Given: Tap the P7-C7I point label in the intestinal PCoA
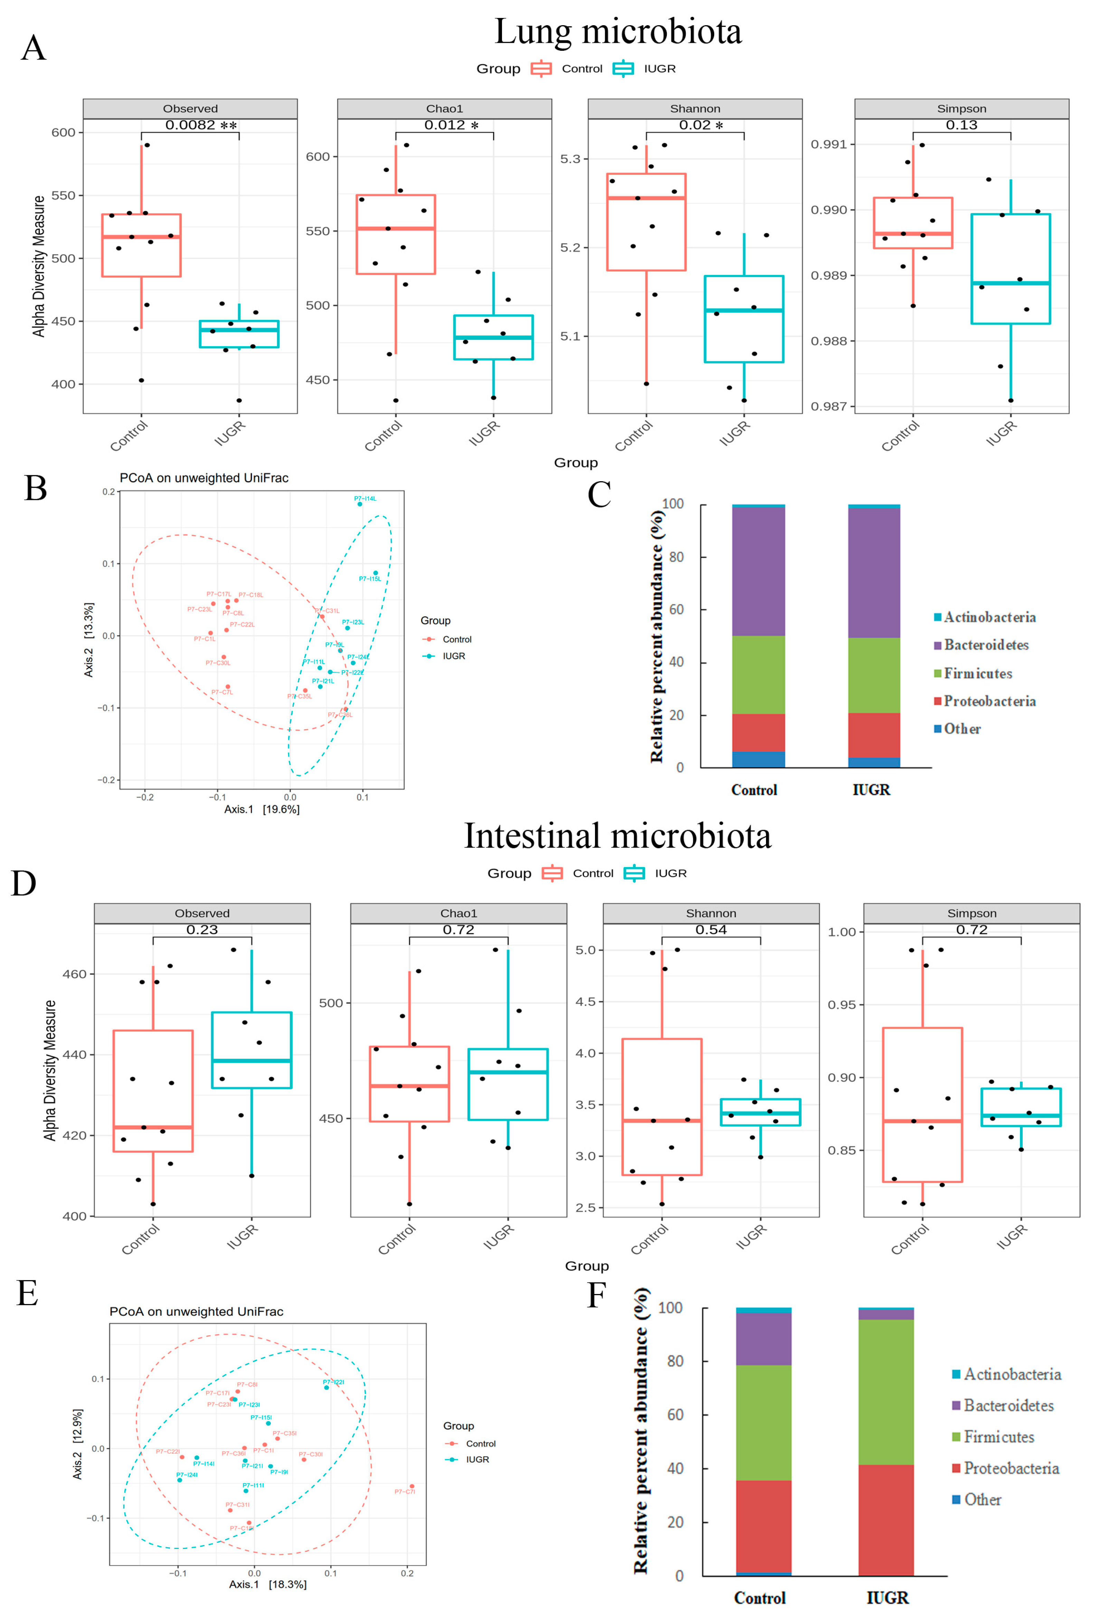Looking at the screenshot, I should pos(404,1491).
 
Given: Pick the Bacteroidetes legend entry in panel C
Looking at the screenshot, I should pos(986,645).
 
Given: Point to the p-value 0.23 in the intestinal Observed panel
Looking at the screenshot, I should pos(202,930).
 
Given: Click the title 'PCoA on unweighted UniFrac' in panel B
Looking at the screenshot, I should pos(204,478).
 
